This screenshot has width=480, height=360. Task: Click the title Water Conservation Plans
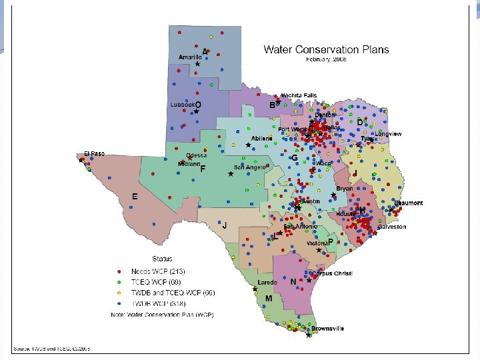tap(326, 49)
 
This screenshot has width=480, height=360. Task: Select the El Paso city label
tap(94, 154)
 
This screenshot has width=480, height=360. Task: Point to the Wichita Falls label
tap(299, 95)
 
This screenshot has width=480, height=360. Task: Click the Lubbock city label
tap(182, 105)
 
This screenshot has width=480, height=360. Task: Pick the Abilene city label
tap(262, 138)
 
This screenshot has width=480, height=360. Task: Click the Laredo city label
tap(267, 283)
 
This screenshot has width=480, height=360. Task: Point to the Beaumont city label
tap(408, 203)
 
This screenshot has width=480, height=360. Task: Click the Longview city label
tap(389, 134)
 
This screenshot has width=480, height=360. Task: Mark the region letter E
tap(134, 197)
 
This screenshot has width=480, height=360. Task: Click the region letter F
tap(202, 169)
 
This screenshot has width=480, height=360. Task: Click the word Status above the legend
tap(161, 259)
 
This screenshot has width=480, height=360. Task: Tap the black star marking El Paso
tap(81, 160)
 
